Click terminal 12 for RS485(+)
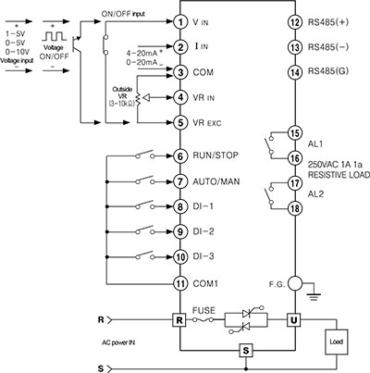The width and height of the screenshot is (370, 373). (295, 20)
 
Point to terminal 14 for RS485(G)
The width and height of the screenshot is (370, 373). (295, 71)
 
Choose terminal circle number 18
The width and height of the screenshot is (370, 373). (295, 209)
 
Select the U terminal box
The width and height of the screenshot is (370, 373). (295, 319)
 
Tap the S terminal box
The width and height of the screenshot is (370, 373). (245, 351)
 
